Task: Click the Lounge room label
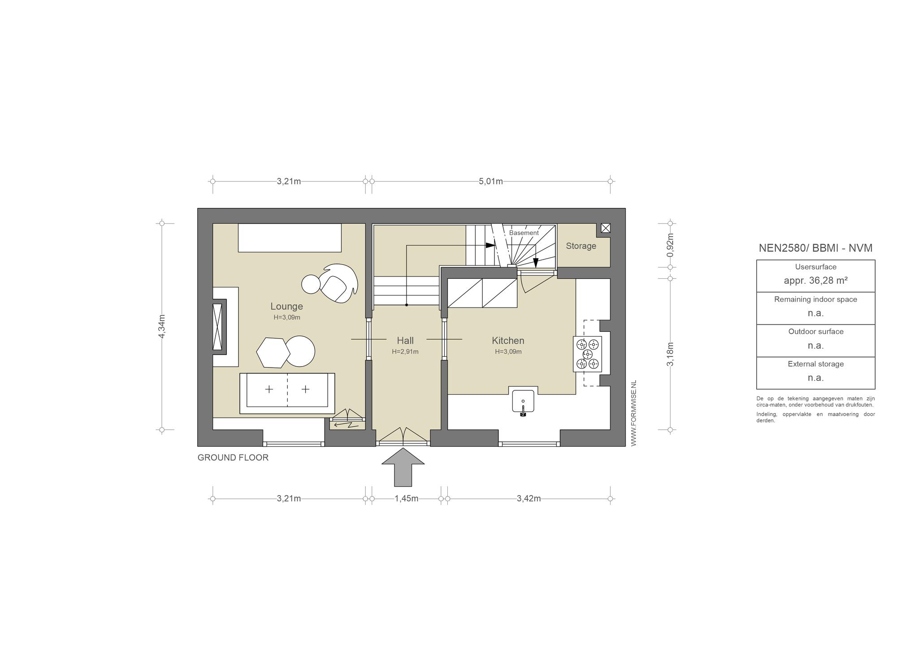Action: click(x=286, y=307)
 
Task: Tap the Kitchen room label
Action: click(x=508, y=341)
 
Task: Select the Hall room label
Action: click(x=405, y=341)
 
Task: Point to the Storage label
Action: click(x=581, y=246)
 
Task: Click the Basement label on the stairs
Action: click(x=524, y=233)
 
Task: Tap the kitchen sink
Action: click(x=523, y=402)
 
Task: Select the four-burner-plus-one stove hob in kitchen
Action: click(x=587, y=354)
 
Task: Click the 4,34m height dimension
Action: click(x=162, y=326)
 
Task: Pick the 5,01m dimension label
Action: click(x=491, y=182)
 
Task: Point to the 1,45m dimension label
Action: click(x=406, y=498)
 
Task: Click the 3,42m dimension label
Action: click(x=528, y=498)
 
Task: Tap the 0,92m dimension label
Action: click(x=670, y=245)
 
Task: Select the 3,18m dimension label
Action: click(x=670, y=354)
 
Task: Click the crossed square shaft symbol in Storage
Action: click(x=605, y=228)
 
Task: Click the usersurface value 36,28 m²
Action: click(x=815, y=281)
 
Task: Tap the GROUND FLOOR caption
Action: click(x=233, y=458)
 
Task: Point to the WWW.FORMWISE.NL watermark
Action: click(x=633, y=413)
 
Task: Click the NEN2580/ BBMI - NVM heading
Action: click(x=815, y=248)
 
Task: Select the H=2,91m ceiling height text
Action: click(x=405, y=352)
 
